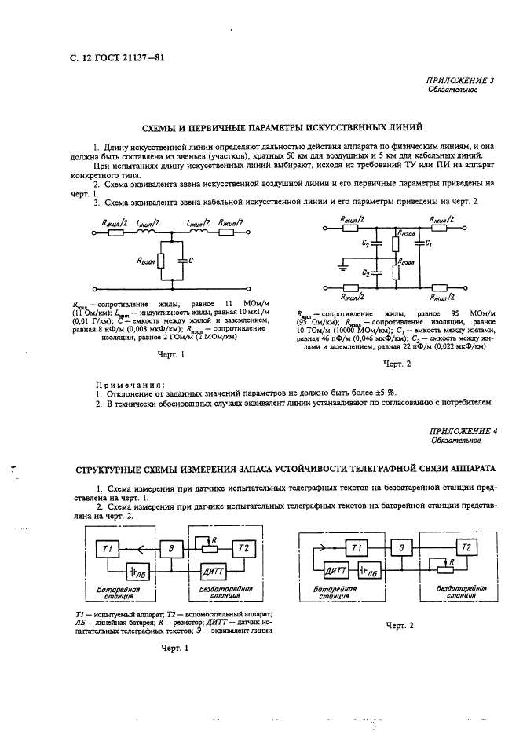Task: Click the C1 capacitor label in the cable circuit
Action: [428, 244]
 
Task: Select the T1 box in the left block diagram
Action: [106, 547]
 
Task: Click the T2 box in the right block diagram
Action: [466, 546]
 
